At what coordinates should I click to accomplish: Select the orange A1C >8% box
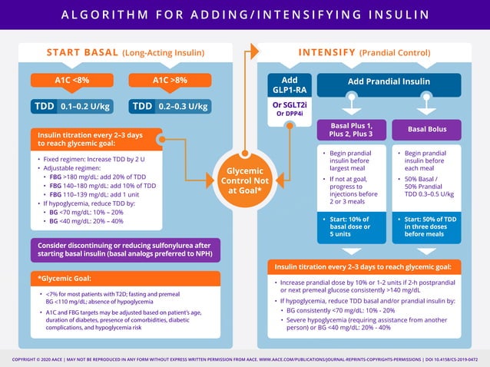pos(170,80)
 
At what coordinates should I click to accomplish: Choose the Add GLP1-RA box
pos(290,85)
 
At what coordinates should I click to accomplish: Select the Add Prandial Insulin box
pos(389,81)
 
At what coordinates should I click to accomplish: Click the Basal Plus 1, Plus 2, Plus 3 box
pos(350,130)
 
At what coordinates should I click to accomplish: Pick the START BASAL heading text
pos(82,52)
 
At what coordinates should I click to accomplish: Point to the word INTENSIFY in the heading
pos(326,52)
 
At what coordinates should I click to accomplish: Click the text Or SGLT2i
pos(290,104)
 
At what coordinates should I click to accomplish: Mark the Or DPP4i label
pos(290,114)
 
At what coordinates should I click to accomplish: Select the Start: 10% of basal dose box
pos(350,226)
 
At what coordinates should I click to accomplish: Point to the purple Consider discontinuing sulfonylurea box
pos(126,249)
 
